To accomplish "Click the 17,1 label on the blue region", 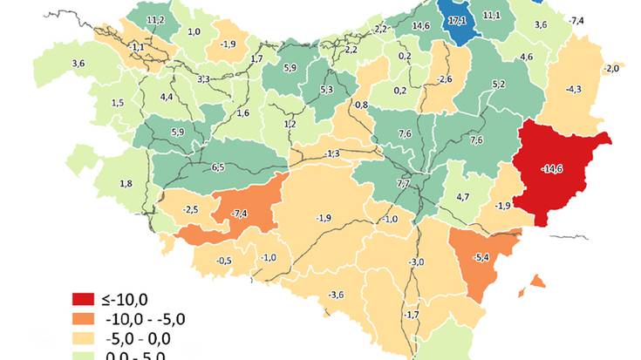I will [x=455, y=20].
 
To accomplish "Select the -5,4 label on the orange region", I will [x=481, y=258].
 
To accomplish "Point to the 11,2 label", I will [x=156, y=20].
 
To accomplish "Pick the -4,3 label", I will [x=573, y=90].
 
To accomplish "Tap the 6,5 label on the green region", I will [x=217, y=167].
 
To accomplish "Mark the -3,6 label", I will [x=336, y=294].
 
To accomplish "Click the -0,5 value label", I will [x=224, y=261].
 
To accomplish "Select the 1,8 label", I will [x=126, y=183].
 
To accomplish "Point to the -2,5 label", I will [x=192, y=209].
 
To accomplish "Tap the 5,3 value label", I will [x=327, y=89].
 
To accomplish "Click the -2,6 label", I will [x=445, y=80].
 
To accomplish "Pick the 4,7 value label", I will [x=463, y=197].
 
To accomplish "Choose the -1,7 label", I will [x=412, y=314].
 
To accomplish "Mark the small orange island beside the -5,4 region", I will [x=536, y=282].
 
